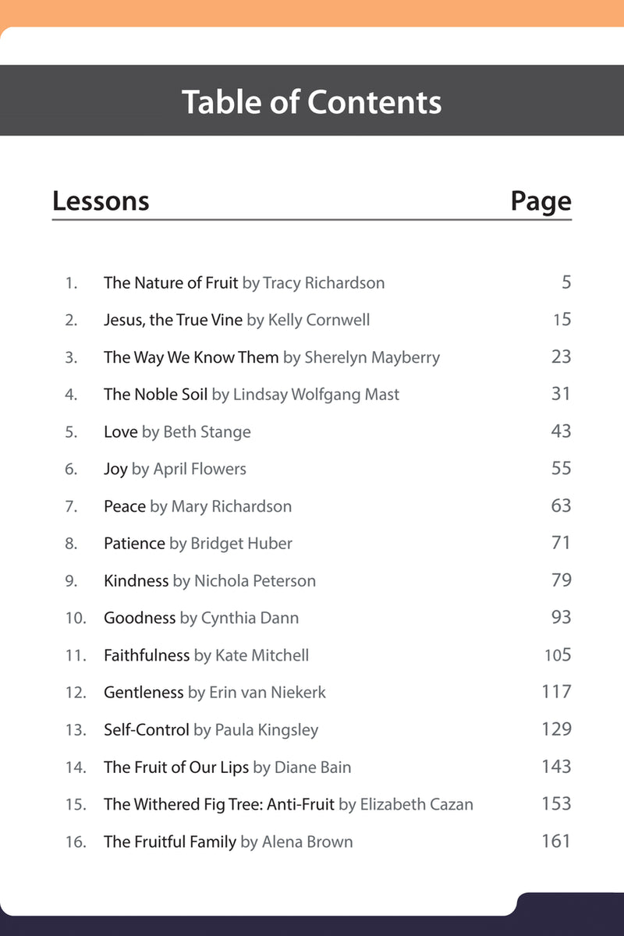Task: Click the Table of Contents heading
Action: (312, 102)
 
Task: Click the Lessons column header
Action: (101, 201)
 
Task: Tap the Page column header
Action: (541, 201)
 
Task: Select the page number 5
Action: (566, 282)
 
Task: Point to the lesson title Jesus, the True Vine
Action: (173, 320)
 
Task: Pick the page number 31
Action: (561, 394)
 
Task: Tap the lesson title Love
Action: (120, 431)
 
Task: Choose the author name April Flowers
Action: (200, 469)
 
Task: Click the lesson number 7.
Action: (71, 506)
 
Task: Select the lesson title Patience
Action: (134, 544)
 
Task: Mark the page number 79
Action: (561, 580)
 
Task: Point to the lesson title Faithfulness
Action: (147, 655)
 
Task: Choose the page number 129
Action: (556, 729)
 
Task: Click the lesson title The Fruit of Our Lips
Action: (176, 768)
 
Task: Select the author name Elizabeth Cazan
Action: (417, 804)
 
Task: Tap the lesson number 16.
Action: (76, 842)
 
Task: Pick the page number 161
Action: (556, 841)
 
